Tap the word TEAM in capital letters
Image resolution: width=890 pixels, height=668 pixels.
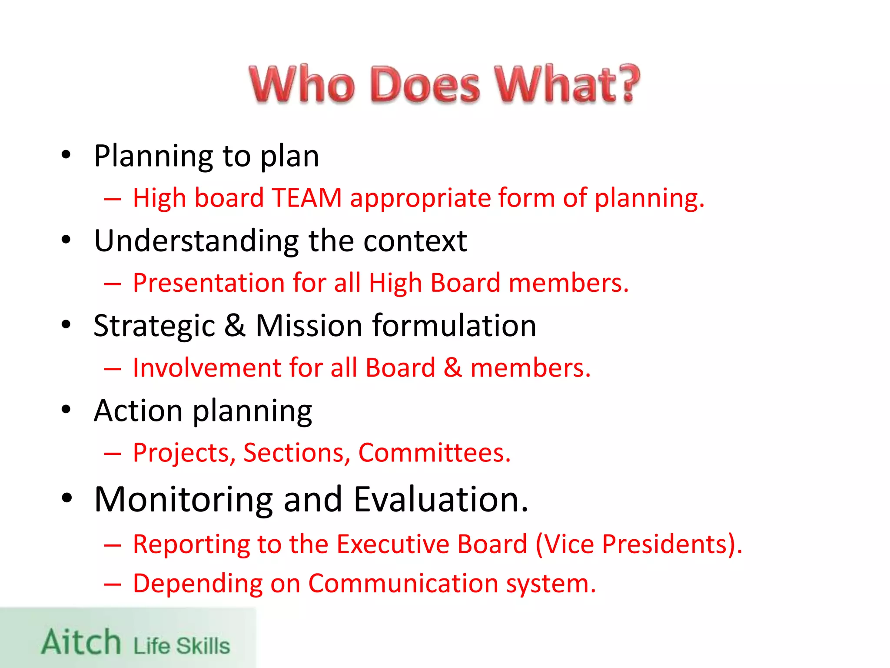point(307,198)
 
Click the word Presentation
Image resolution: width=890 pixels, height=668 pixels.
point(209,283)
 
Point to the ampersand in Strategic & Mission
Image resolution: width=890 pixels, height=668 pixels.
point(235,325)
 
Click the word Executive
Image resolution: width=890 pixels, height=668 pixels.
point(432,544)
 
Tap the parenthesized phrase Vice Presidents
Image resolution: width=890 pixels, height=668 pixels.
point(638,544)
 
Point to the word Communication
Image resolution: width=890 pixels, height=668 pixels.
point(403,583)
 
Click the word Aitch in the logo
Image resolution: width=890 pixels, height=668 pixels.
point(81,642)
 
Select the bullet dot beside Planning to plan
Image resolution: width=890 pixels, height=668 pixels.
point(66,155)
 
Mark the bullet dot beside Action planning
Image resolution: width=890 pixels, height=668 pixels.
point(66,410)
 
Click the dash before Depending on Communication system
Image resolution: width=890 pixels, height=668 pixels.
point(113,584)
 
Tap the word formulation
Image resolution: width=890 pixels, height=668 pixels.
point(454,325)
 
